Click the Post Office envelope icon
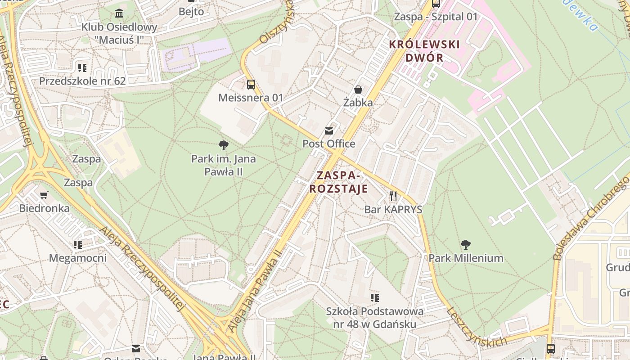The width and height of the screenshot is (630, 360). pyautogui.click(x=329, y=131)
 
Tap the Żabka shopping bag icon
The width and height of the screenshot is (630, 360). pyautogui.click(x=358, y=90)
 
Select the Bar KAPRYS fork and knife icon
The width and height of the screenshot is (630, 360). pyautogui.click(x=393, y=196)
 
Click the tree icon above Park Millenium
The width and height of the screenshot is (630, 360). pyautogui.click(x=466, y=245)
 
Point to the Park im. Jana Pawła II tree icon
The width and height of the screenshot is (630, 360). pyautogui.click(x=223, y=145)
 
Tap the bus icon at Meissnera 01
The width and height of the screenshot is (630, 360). pyautogui.click(x=251, y=84)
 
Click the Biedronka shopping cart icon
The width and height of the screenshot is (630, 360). pyautogui.click(x=44, y=195)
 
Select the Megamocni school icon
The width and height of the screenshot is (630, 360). pyautogui.click(x=78, y=245)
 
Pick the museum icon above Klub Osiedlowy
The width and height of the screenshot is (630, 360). pyautogui.click(x=119, y=13)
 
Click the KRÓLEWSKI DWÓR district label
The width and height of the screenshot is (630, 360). pyautogui.click(x=424, y=51)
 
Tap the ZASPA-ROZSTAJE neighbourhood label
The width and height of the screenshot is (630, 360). pyautogui.click(x=338, y=182)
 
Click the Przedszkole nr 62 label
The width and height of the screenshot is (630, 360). pyautogui.click(x=82, y=81)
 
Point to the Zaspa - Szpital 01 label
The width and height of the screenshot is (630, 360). pyautogui.click(x=436, y=17)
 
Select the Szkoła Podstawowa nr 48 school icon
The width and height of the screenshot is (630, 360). pyautogui.click(x=374, y=297)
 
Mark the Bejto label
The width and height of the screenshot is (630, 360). pyautogui.click(x=191, y=12)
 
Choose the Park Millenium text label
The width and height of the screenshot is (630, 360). pyautogui.click(x=466, y=258)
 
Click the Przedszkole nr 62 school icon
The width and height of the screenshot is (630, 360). pyautogui.click(x=82, y=68)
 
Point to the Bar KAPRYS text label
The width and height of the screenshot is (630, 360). pyautogui.click(x=393, y=209)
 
